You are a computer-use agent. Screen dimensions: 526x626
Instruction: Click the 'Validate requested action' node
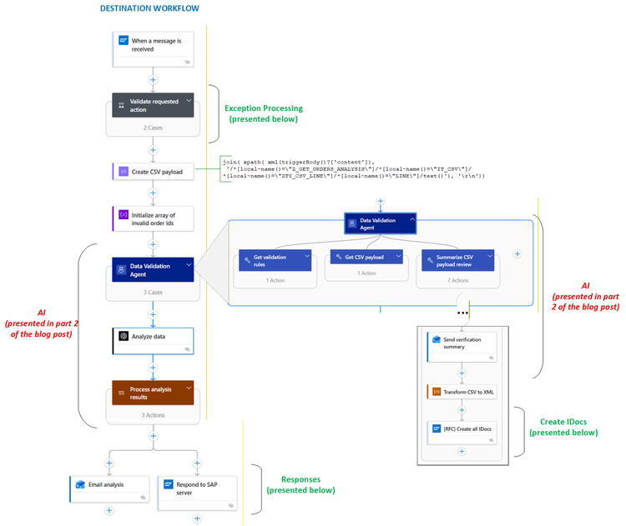pyautogui.click(x=153, y=105)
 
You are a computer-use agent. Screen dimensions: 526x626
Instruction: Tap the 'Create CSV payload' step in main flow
pyautogui.click(x=153, y=172)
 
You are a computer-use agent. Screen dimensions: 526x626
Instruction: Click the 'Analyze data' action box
pyautogui.click(x=153, y=337)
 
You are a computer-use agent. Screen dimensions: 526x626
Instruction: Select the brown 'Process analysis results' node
pyautogui.click(x=153, y=393)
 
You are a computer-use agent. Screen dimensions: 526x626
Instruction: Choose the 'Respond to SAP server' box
pyautogui.click(x=197, y=488)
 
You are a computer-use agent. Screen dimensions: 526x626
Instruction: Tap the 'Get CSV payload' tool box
pyautogui.click(x=366, y=258)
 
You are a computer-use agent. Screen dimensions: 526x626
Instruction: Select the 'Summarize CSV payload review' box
pyautogui.click(x=458, y=261)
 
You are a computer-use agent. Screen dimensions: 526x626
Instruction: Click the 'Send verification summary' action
pyautogui.click(x=461, y=343)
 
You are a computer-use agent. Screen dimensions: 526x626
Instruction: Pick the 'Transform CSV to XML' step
pyautogui.click(x=461, y=391)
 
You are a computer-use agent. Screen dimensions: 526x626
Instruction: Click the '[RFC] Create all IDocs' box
pyautogui.click(x=461, y=428)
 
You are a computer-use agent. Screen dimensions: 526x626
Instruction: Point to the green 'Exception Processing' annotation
pyautogui.click(x=264, y=113)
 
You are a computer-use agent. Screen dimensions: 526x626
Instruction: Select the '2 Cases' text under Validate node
pyautogui.click(x=153, y=128)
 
